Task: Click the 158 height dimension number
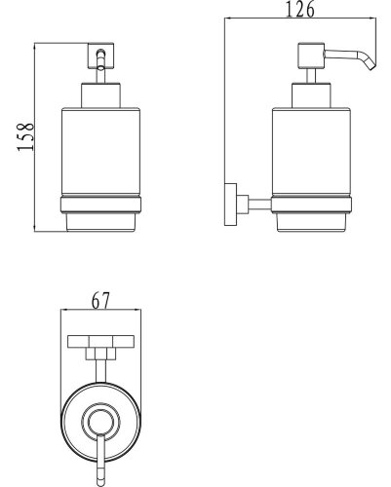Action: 25,136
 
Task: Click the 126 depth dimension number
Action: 300,9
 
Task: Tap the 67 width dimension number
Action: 100,301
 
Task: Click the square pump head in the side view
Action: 311,56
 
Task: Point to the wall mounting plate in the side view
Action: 231,205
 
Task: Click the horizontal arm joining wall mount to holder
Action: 259,205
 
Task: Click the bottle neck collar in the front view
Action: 100,95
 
